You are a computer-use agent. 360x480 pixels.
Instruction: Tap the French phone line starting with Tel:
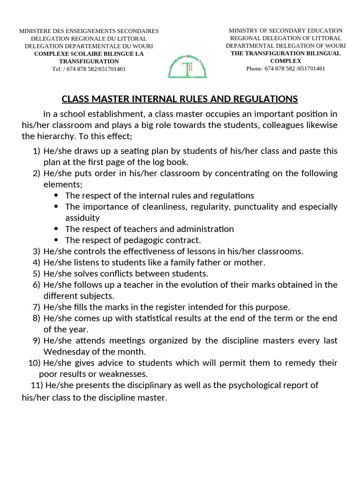(89, 69)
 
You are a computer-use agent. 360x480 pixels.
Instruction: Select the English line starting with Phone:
(285, 68)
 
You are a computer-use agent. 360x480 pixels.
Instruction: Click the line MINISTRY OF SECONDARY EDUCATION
(285, 30)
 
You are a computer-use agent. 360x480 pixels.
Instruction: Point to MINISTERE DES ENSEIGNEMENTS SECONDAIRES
(89, 31)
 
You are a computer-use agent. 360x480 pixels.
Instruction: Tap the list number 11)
(37, 385)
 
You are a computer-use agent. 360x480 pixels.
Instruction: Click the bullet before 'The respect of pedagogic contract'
(57, 240)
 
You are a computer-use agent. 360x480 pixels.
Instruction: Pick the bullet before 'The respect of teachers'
(57, 229)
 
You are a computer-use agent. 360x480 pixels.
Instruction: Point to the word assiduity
(82, 218)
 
